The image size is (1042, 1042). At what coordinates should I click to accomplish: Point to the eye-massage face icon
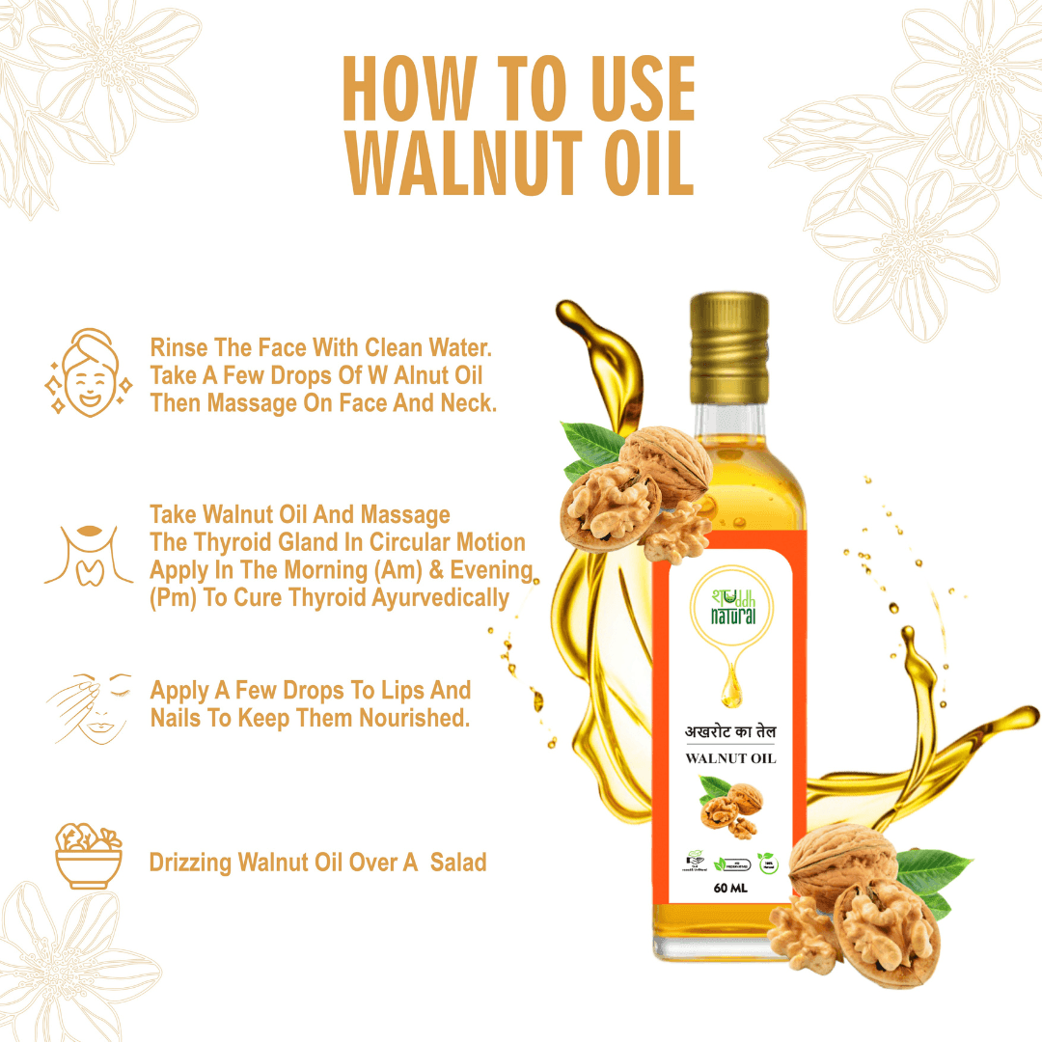point(90,707)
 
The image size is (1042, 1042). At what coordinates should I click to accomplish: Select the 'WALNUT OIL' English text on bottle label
point(730,758)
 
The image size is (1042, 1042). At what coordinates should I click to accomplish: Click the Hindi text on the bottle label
point(730,733)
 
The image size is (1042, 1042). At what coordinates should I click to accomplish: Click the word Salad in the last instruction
point(458,862)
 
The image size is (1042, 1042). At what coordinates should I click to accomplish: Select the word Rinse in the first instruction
point(178,347)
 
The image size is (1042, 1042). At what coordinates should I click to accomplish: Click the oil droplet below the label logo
point(729,687)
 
